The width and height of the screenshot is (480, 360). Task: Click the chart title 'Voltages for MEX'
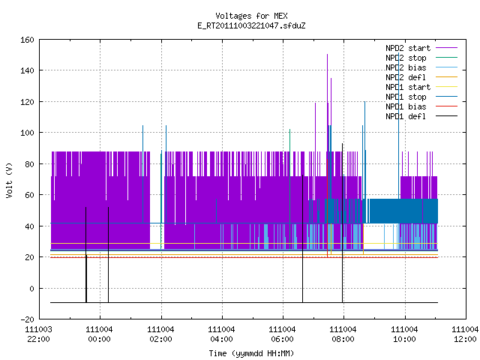pos(251,16)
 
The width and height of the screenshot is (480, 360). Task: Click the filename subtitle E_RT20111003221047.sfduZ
pos(251,25)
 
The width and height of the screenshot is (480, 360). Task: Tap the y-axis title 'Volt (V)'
pos(9,180)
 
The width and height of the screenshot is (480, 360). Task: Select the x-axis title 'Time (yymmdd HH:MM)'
pos(251,353)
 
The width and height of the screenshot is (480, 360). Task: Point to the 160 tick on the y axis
pos(27,40)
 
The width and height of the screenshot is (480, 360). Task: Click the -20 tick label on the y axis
pos(27,319)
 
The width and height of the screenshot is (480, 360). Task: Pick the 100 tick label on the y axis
pos(27,133)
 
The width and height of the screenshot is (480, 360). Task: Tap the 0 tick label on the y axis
pos(31,288)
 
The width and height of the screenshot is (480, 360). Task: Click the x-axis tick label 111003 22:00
pos(38,334)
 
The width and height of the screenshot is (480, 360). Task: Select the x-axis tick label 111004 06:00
pos(282,334)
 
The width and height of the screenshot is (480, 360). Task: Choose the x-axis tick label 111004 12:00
pos(465,334)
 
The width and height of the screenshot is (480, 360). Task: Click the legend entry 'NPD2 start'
pos(408,48)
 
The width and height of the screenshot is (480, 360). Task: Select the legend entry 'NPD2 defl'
pos(406,77)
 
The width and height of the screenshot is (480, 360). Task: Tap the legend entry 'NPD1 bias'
pos(406,106)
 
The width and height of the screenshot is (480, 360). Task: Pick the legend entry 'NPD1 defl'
pos(406,116)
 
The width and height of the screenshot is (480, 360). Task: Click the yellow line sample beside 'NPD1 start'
pos(446,87)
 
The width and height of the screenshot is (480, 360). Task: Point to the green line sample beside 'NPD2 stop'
pos(446,58)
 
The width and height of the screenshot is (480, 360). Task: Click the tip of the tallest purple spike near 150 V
pos(327,55)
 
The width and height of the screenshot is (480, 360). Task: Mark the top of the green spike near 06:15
pos(290,130)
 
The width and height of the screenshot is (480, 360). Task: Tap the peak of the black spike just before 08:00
pos(342,143)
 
